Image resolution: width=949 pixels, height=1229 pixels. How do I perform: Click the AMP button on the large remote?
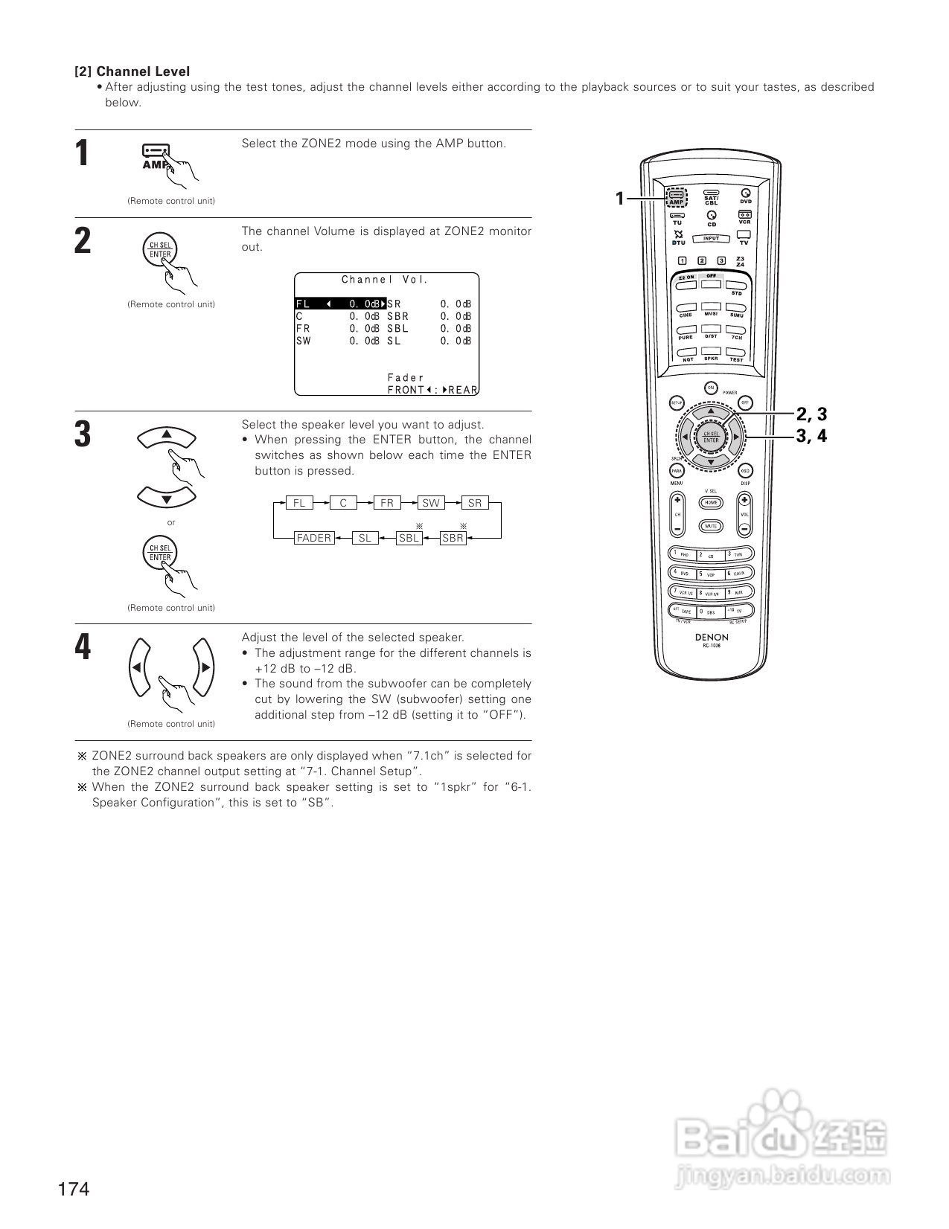(677, 198)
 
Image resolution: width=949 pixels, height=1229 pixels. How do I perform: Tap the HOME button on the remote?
(711, 502)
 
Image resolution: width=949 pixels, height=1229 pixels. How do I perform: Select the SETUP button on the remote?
(677, 402)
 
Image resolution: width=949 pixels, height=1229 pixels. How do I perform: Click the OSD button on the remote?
(745, 471)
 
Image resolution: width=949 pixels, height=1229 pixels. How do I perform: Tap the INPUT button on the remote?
(711, 239)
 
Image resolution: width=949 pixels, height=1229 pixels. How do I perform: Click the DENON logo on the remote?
(712, 637)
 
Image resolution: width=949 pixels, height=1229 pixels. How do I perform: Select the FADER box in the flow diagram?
(313, 538)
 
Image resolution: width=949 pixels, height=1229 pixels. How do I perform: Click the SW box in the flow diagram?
(431, 503)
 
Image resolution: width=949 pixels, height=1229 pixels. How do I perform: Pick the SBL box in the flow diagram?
(409, 538)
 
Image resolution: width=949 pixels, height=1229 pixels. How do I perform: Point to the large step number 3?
(83, 434)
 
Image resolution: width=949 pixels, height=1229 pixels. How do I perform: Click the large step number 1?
(83, 154)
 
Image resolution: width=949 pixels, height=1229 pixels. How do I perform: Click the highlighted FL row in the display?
(340, 304)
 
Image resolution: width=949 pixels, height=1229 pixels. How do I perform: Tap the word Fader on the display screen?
(406, 378)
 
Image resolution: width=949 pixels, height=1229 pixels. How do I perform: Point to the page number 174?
(74, 1189)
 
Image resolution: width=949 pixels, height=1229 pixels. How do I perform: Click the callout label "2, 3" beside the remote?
(811, 414)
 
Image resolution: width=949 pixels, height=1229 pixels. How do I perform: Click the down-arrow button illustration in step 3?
(167, 498)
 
